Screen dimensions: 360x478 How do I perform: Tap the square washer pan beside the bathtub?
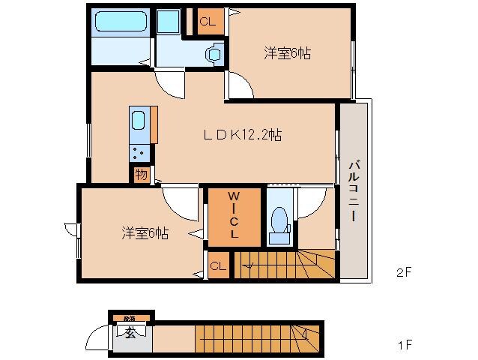tap(169, 22)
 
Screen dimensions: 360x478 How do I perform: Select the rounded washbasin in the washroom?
tap(215, 52)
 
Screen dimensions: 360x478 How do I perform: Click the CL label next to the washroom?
tap(208, 22)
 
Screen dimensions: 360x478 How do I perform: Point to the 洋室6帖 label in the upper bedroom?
tap(287, 53)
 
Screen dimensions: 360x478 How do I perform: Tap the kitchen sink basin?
tap(139, 120)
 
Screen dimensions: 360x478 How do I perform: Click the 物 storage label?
tap(141, 175)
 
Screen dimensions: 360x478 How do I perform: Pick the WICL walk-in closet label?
tap(235, 216)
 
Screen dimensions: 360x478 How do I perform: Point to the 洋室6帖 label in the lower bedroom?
tap(145, 232)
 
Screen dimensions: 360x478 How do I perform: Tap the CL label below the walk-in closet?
tap(218, 265)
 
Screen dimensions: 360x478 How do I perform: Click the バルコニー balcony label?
tap(354, 191)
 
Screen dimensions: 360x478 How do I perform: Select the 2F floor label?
tap(404, 272)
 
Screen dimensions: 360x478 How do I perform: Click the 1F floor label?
tap(404, 346)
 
